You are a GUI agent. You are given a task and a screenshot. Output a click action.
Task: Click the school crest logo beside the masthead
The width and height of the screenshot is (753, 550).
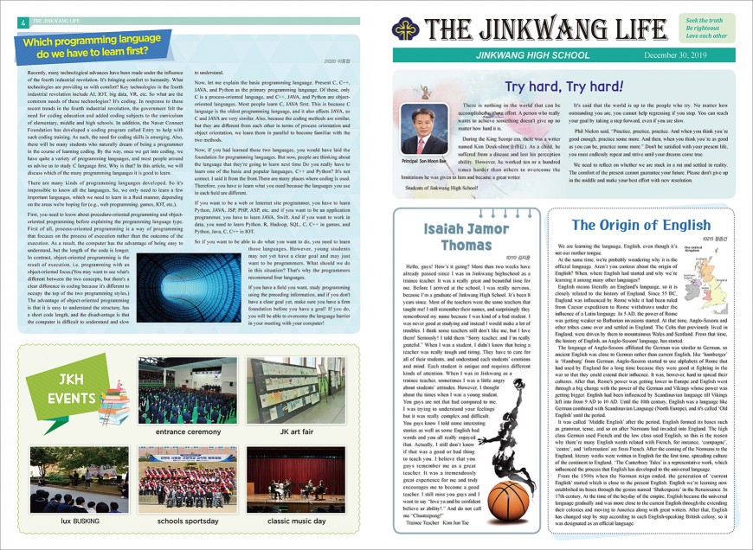[409, 29]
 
